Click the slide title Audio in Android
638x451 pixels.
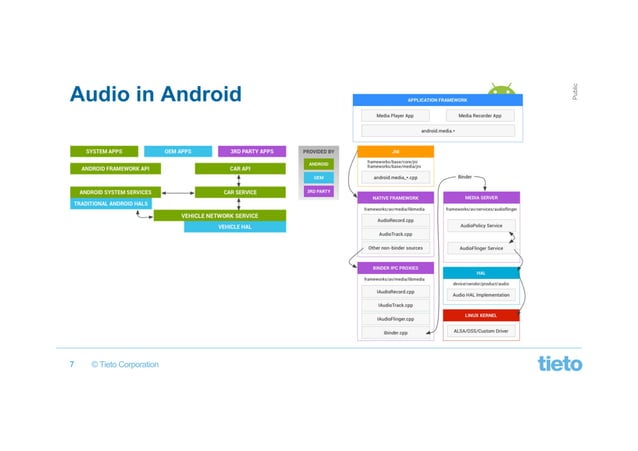[155, 95]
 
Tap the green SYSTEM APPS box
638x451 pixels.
[103, 151]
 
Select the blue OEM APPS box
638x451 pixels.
[177, 151]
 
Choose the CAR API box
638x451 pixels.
[240, 169]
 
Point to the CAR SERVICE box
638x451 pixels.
[240, 191]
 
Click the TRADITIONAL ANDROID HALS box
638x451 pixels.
[111, 203]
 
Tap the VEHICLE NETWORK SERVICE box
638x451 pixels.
[218, 215]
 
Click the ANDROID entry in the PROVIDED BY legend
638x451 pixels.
[318, 163]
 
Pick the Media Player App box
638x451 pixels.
[396, 116]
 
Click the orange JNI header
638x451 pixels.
[395, 151]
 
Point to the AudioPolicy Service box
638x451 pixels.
[481, 226]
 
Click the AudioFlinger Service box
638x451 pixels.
[481, 248]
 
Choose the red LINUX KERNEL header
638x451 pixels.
[481, 315]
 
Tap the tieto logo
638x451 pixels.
[559, 363]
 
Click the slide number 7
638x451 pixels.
[72, 364]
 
